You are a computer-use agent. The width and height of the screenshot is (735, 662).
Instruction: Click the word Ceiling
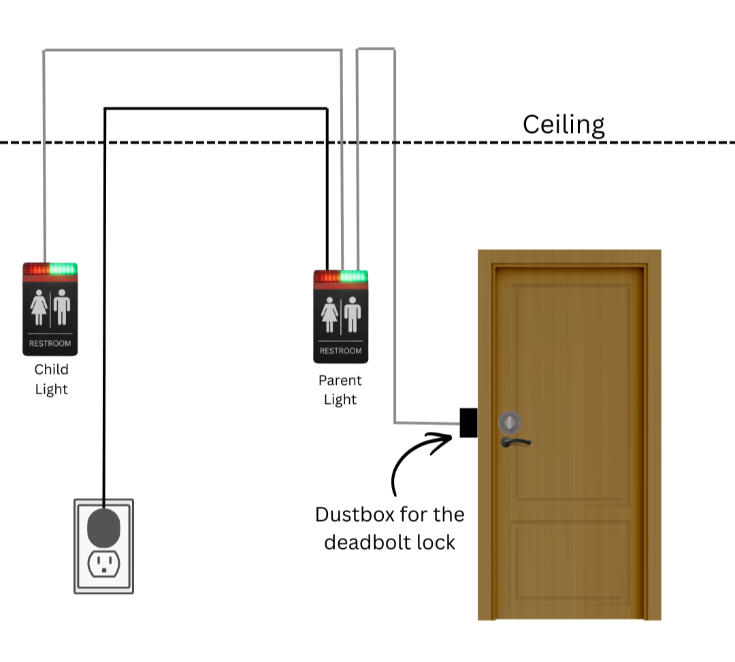(x=563, y=125)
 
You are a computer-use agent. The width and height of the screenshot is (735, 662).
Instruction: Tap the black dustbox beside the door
(x=468, y=422)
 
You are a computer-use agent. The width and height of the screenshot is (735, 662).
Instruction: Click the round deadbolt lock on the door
(x=510, y=422)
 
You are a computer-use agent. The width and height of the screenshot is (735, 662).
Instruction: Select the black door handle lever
(x=514, y=442)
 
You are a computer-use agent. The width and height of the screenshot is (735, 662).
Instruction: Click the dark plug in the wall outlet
(x=104, y=526)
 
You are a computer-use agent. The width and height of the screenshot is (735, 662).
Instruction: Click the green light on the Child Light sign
(x=63, y=269)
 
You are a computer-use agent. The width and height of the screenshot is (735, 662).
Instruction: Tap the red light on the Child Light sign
(x=37, y=269)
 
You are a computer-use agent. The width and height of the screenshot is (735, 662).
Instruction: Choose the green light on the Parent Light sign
(x=354, y=277)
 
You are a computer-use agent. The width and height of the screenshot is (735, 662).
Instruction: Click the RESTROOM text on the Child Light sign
(x=50, y=343)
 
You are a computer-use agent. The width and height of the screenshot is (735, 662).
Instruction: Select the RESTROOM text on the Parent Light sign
(x=340, y=351)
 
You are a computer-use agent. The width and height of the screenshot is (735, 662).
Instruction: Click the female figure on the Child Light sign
(x=39, y=307)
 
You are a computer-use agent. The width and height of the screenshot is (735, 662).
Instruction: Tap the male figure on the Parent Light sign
(x=352, y=314)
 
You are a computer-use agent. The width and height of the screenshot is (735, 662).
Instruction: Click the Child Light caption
(x=51, y=379)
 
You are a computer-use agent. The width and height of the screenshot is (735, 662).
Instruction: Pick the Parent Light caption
(x=340, y=390)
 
